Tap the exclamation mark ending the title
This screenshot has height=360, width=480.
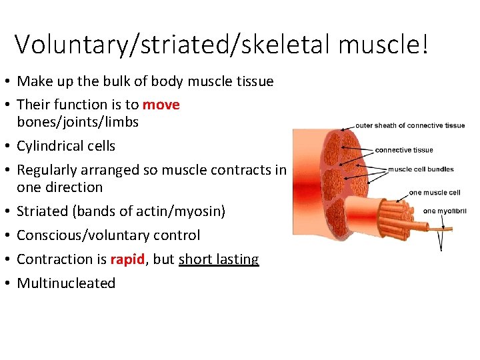tap(425, 43)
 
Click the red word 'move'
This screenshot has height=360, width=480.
tap(161, 105)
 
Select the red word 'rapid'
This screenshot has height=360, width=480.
tap(127, 259)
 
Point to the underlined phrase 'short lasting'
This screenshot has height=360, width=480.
tap(219, 259)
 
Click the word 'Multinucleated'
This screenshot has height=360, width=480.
tap(66, 283)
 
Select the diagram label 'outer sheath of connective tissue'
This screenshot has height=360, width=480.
tap(410, 125)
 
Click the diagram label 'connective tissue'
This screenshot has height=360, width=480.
tap(404, 150)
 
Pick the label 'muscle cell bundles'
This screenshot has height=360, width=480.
tap(421, 169)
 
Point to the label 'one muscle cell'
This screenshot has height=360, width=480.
tap(435, 193)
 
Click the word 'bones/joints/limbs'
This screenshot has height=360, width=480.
tap(77, 122)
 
